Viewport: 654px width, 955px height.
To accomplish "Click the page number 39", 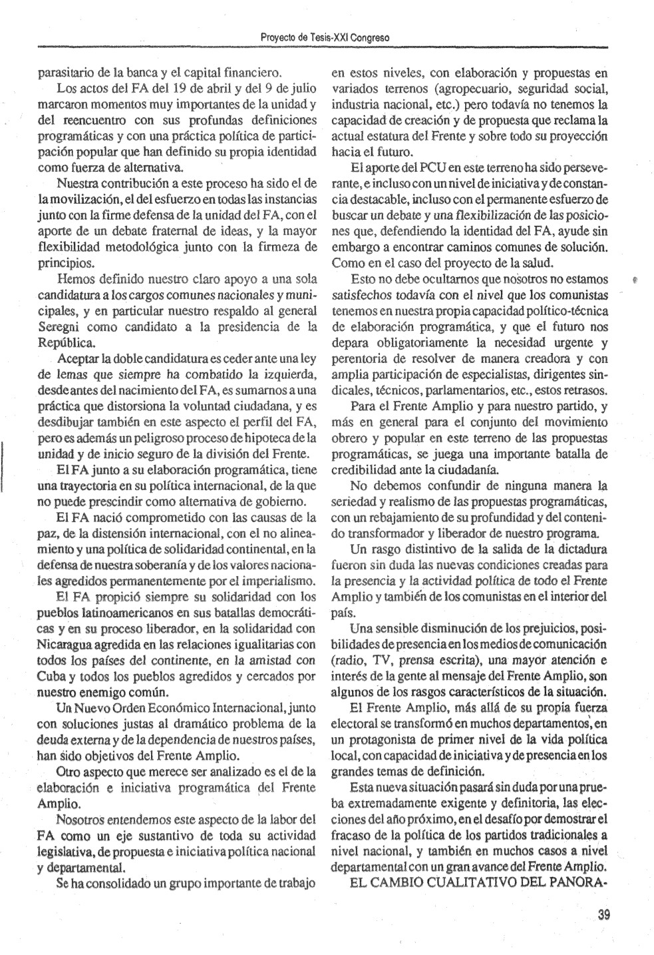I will click(603, 914).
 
